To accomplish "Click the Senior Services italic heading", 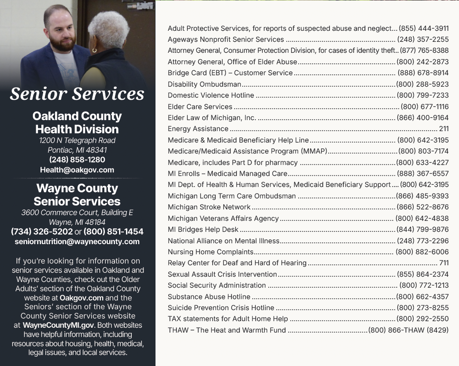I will coord(77,94).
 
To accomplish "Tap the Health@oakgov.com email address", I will coord(77,170).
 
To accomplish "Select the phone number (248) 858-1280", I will coord(77,160).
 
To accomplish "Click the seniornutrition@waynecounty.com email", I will coord(77,242).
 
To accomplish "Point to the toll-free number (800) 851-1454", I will coord(114,231).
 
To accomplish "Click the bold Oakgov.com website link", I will coord(81,298).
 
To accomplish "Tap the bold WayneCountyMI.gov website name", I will coord(58,325).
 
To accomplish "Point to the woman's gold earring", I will coord(94,51).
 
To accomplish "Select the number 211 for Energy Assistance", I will coord(444,129).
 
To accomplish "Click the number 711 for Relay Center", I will coord(444,263).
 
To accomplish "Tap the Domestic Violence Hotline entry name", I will coord(211,95).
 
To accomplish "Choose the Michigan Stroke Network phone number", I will coord(422,207).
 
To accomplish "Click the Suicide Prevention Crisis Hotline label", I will coord(221,308).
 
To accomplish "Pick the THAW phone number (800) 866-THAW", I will coord(408,330).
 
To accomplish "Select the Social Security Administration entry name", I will coord(217,285).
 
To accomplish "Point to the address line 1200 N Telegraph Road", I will coord(77,140).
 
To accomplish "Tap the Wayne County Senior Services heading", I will coord(77,195).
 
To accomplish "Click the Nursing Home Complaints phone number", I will coord(422,252).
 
